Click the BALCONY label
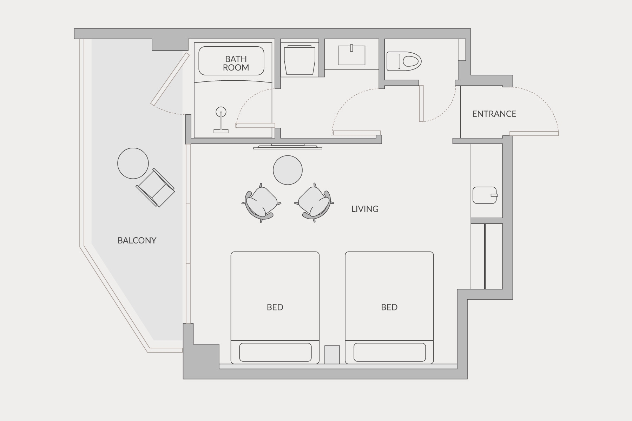[137, 240]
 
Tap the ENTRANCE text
[494, 114]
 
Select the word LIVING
[365, 209]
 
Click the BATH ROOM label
[236, 63]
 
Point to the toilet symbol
[404, 61]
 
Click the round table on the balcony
[133, 163]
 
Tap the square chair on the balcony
[155, 187]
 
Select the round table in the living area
[288, 170]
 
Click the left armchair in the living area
[261, 203]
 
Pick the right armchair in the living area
[314, 203]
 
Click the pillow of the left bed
[275, 352]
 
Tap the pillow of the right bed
[389, 352]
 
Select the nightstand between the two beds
[332, 355]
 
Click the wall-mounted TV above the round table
[288, 147]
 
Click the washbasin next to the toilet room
[351, 55]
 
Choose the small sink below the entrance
[485, 195]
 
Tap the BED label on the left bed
[275, 307]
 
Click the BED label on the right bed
[389, 307]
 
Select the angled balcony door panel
[170, 79]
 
